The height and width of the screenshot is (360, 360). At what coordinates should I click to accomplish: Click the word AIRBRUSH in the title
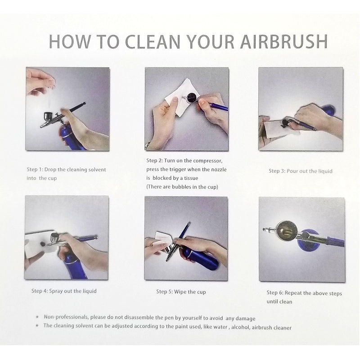[x=284, y=41]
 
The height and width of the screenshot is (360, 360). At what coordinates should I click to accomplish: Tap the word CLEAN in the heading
[x=153, y=41]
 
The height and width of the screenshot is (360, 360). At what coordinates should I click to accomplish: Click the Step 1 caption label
[x=66, y=174]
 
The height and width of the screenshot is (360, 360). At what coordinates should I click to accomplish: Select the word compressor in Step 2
[x=208, y=161]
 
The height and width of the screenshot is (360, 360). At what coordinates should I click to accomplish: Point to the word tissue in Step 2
[x=191, y=178]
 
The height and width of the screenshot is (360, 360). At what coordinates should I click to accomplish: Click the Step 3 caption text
[x=301, y=171]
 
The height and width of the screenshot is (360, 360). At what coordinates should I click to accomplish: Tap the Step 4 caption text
[x=64, y=291]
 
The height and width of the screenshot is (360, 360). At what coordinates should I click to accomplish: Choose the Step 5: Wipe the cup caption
[x=181, y=292]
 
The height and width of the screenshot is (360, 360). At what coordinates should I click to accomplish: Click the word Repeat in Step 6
[x=293, y=293]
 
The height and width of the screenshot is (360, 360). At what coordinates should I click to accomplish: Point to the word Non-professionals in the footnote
[x=66, y=317]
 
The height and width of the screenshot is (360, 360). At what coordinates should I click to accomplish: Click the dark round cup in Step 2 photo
[x=192, y=97]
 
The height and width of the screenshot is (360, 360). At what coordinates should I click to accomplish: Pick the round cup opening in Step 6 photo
[x=287, y=231]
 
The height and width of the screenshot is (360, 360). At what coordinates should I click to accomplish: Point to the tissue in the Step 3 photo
[x=279, y=130]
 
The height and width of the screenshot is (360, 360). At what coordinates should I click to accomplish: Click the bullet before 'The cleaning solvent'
[x=37, y=325]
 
